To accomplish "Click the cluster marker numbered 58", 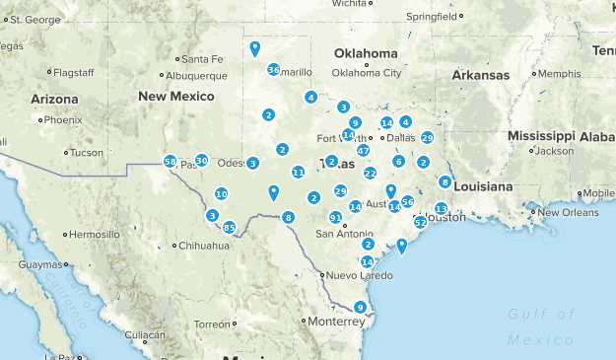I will pyautogui.click(x=170, y=162).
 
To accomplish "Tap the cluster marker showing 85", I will pyautogui.click(x=230, y=228).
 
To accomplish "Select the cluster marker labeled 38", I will pyautogui.click(x=273, y=69).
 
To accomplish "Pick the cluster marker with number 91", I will pyautogui.click(x=335, y=217).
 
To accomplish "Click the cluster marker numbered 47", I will pyautogui.click(x=364, y=151).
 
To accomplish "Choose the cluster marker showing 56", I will pyautogui.click(x=407, y=201).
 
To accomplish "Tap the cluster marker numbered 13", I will pyautogui.click(x=441, y=208).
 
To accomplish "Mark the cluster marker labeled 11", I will pyautogui.click(x=298, y=172).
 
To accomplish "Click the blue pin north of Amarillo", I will pyautogui.click(x=255, y=46).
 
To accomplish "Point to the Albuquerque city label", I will pyautogui.click(x=196, y=74).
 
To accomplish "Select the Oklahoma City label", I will pyautogui.click(x=366, y=72).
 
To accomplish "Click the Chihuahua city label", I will pyautogui.click(x=206, y=245).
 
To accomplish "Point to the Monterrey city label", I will pyautogui.click(x=335, y=322).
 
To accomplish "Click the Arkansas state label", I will pyautogui.click(x=480, y=75).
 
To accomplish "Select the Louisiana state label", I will pyautogui.click(x=483, y=185).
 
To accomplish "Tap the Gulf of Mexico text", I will pyautogui.click(x=540, y=326).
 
